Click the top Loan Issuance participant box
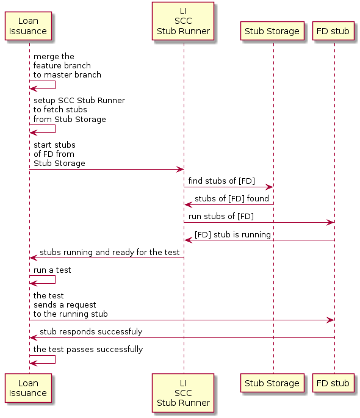28,26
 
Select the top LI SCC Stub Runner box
183,21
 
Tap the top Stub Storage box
272,31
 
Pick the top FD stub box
333,31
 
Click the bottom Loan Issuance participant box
28,388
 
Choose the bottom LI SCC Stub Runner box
183,392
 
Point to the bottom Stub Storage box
272,383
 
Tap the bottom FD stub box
333,383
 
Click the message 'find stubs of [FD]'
221,181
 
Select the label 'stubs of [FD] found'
232,198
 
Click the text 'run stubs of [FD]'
221,216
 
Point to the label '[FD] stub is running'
232,234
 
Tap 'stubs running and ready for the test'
109,252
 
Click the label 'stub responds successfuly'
91,331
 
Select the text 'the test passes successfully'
88,349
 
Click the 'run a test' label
52,270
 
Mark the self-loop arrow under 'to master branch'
55,85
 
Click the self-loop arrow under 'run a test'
55,279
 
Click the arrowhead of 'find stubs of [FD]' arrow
270,187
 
